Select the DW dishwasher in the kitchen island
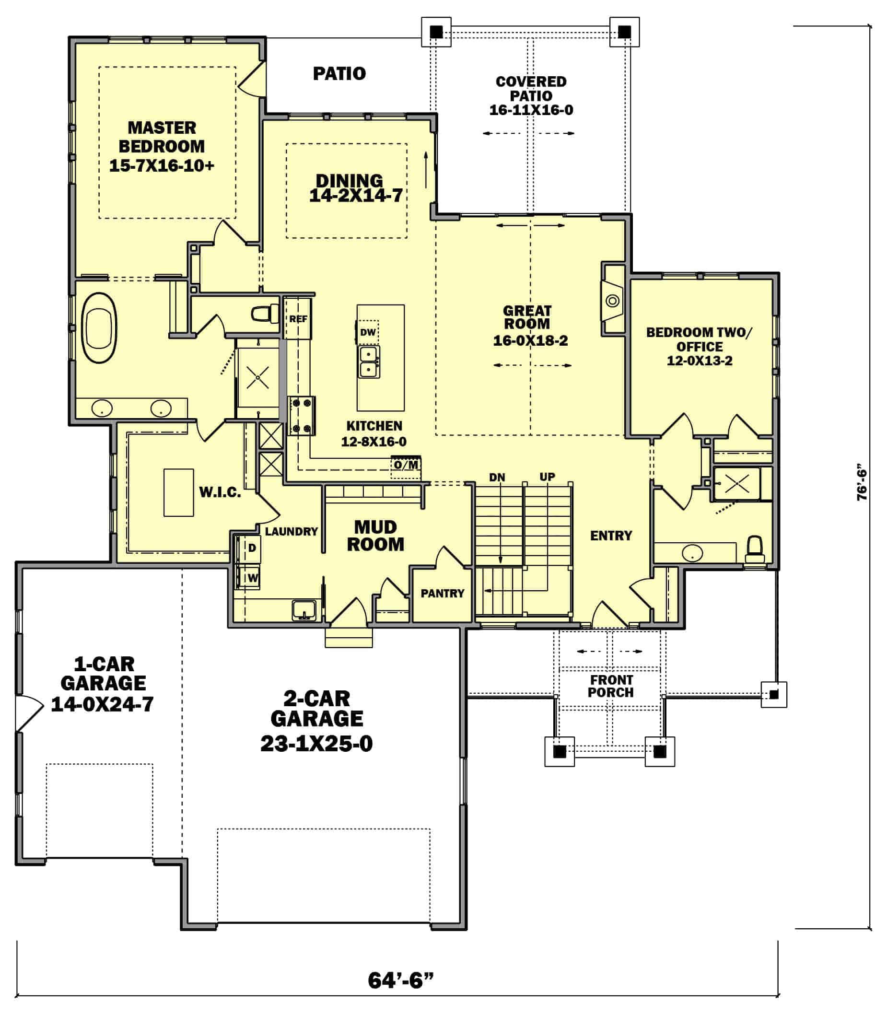pos(368,333)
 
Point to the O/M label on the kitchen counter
pos(406,465)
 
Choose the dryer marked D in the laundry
pos(248,548)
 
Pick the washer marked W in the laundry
pos(248,577)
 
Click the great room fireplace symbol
pos(613,301)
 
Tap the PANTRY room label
pos(443,593)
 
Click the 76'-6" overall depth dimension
pos(862,482)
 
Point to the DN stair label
pos(497,478)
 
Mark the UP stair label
pos(547,477)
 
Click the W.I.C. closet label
pos(220,492)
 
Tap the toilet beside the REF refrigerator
pos(265,314)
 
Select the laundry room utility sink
pos(303,609)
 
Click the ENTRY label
pos(611,536)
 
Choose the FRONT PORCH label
pos(611,686)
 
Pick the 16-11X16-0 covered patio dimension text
pos(531,110)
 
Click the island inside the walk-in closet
pos(179,492)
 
